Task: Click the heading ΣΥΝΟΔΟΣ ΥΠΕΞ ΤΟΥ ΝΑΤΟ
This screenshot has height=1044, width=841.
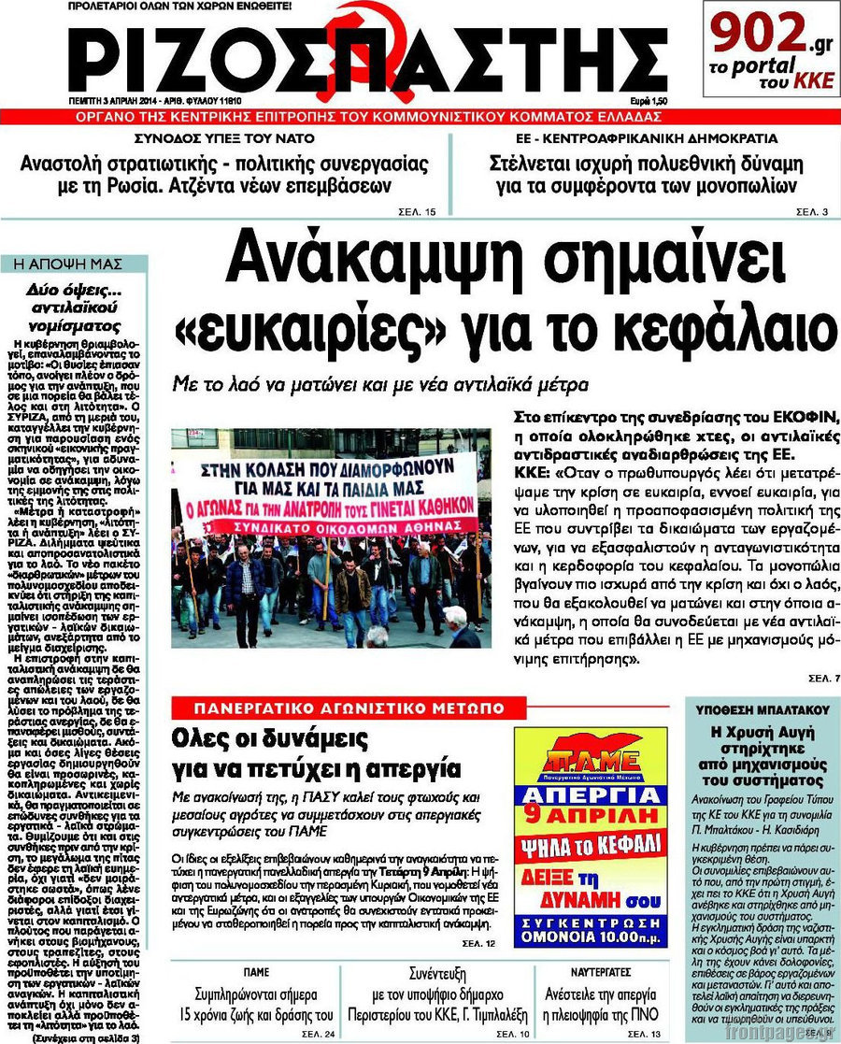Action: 222,138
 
